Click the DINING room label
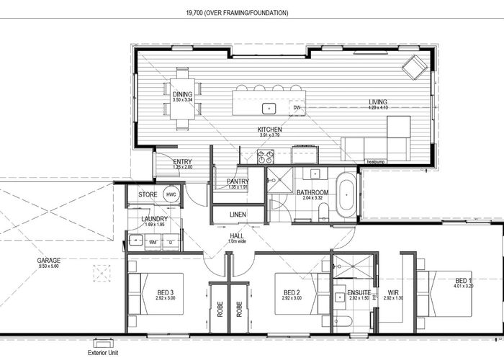click(182, 94)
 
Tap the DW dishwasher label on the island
click(296, 109)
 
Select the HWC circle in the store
click(171, 194)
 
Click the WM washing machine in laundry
click(152, 243)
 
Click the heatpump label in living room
click(377, 162)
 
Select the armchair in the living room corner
click(414, 68)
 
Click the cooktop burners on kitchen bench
click(266, 153)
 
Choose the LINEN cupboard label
click(238, 215)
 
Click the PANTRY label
click(237, 181)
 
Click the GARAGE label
click(50, 260)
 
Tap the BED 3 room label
click(166, 292)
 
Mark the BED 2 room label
click(292, 292)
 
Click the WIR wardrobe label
click(393, 292)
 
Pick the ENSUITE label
click(359, 292)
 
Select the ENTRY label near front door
click(183, 161)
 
